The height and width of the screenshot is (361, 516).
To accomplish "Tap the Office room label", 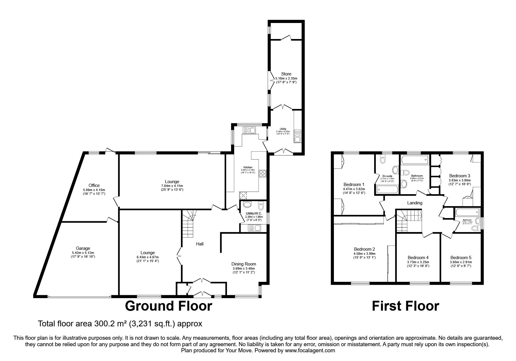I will [x=94, y=185].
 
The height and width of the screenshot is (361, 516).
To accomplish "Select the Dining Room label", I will [x=244, y=264].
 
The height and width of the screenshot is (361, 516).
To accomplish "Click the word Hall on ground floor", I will [x=200, y=244].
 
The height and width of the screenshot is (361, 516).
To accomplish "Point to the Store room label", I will [x=286, y=74].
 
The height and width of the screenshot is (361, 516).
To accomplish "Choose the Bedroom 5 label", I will [x=461, y=258].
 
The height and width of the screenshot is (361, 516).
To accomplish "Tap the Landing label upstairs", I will [x=414, y=203].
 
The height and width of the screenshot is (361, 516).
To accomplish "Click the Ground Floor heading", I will [x=168, y=306].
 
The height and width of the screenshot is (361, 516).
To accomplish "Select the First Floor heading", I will [x=405, y=306].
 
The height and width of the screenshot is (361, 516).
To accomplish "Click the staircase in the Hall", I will [x=188, y=224].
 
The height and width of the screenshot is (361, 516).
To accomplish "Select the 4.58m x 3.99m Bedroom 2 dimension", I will [x=364, y=254].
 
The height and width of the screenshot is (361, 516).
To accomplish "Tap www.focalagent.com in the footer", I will [x=310, y=351].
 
